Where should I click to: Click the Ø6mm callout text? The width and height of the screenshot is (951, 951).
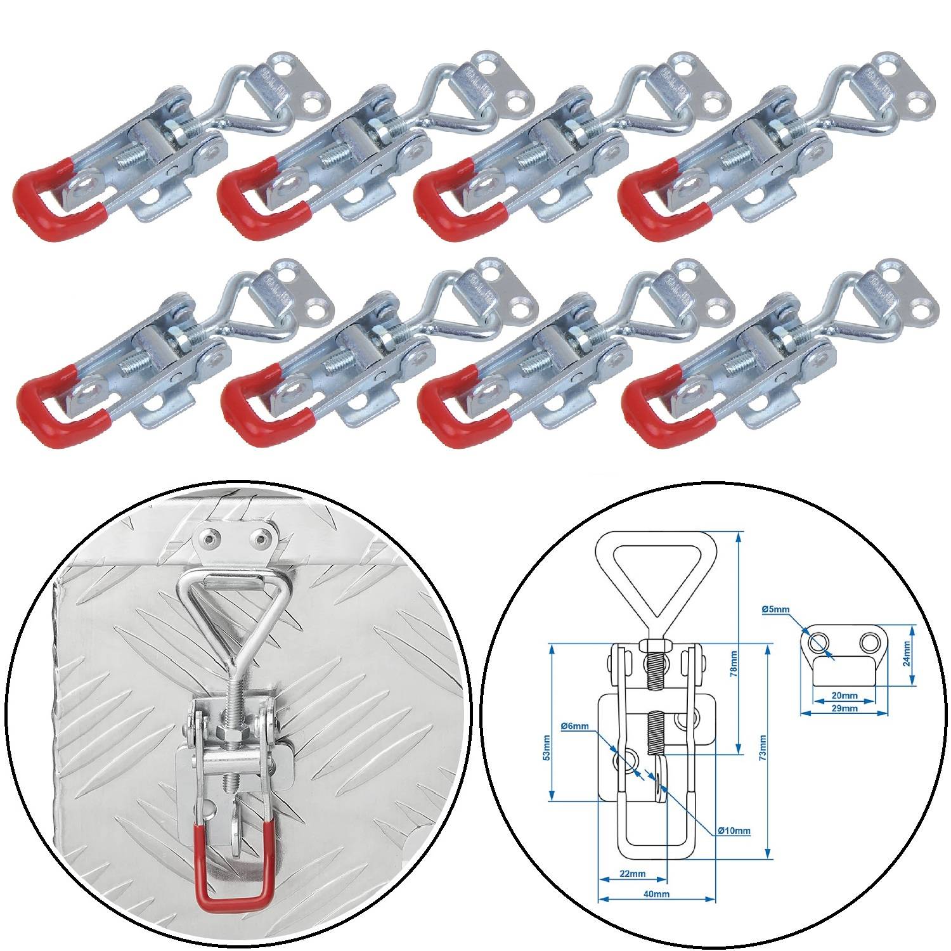click(574, 726)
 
